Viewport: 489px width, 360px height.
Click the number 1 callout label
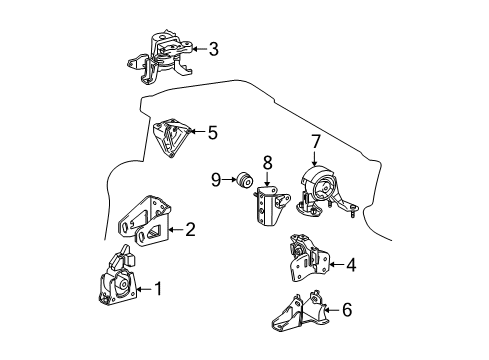tap(156, 291)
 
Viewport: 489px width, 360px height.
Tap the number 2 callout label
tap(190, 229)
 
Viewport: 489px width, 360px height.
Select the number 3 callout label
tap(212, 48)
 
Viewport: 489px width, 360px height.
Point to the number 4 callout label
tap(350, 265)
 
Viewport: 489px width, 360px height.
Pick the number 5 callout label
tap(211, 131)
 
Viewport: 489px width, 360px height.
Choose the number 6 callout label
tap(346, 310)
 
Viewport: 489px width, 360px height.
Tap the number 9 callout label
tap(216, 180)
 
